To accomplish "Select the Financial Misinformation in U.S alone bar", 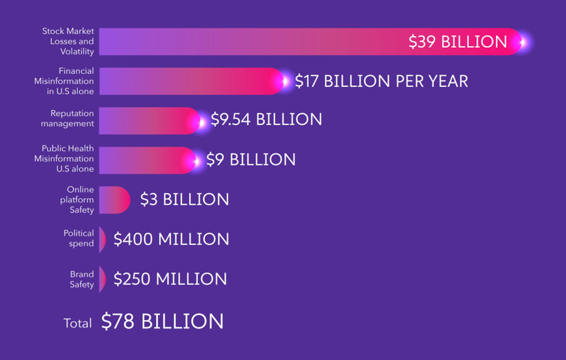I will [x=190, y=81].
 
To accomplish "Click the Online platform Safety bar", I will [x=114, y=200].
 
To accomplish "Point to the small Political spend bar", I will [x=102, y=240].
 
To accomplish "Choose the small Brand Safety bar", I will [x=102, y=279].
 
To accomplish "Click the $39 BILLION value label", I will [x=457, y=42].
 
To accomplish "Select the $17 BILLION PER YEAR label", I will [x=381, y=81].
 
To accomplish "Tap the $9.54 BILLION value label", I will [x=266, y=120].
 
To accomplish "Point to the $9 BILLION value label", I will [x=251, y=160].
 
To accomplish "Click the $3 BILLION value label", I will [x=185, y=200].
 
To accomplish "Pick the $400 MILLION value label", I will [x=171, y=240].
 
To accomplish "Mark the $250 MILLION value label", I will [x=170, y=279].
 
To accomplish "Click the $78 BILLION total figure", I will [x=162, y=321].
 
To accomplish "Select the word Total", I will [x=77, y=323].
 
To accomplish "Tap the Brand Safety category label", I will [x=82, y=279].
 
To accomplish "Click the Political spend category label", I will [x=79, y=238].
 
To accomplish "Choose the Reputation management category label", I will [x=67, y=118].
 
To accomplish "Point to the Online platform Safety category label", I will [x=77, y=200].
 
